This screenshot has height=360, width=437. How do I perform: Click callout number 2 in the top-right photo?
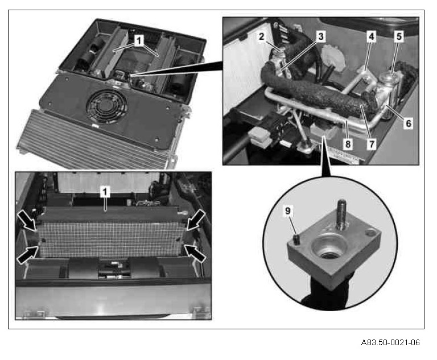(261, 36)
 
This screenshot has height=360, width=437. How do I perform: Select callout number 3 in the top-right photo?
(321, 36)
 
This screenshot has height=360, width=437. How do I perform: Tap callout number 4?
(372, 36)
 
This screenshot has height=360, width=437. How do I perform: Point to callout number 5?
(399, 36)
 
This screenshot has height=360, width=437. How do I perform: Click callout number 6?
(408, 123)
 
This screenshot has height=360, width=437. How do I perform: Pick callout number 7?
(372, 144)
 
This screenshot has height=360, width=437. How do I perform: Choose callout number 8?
(348, 144)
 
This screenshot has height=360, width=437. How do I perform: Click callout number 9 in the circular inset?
(288, 211)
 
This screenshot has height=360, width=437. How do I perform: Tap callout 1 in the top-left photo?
(139, 41)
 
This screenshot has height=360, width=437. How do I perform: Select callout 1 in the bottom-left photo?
(105, 192)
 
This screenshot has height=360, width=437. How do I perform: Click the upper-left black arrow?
(27, 221)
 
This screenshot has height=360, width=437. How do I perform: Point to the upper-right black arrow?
(196, 220)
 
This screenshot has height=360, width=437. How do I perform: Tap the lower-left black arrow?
(27, 253)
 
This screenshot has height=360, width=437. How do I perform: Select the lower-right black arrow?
(195, 253)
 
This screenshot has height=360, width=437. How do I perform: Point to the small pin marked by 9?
(297, 239)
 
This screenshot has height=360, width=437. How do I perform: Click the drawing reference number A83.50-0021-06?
(390, 342)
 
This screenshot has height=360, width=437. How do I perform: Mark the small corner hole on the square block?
(371, 232)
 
